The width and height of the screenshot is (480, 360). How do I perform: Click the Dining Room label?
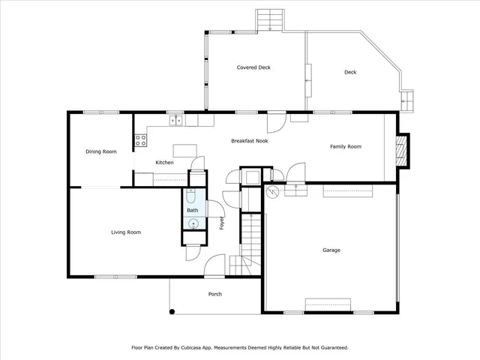click(x=100, y=151)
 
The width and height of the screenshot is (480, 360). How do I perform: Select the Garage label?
click(x=331, y=250)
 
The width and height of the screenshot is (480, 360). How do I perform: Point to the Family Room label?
click(x=346, y=146)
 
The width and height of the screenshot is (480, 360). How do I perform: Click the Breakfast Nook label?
click(x=250, y=140)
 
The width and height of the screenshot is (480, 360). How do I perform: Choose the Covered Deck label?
click(x=253, y=67)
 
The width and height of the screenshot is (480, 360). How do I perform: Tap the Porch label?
click(x=214, y=294)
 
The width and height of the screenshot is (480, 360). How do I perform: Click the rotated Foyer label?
click(x=222, y=222)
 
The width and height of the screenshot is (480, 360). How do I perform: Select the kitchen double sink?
click(x=175, y=119)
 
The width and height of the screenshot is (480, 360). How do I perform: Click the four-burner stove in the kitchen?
click(x=140, y=139)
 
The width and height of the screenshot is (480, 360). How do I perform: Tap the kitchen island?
click(x=184, y=148)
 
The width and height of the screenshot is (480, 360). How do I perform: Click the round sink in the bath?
click(x=192, y=224)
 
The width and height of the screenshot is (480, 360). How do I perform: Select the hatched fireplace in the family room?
click(x=403, y=148)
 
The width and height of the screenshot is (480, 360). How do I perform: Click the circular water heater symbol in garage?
click(x=273, y=191)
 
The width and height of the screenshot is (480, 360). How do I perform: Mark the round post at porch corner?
click(x=172, y=311)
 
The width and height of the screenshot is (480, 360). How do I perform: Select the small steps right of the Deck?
click(x=408, y=100)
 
